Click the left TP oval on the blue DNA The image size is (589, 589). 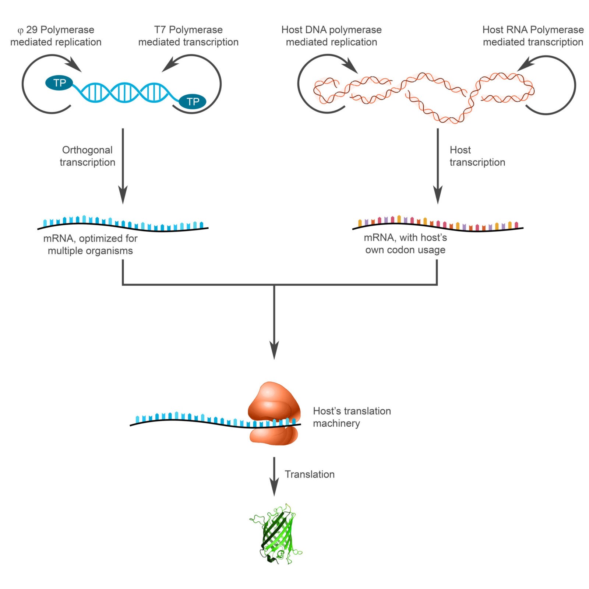click(59, 83)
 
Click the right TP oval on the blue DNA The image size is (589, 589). click(193, 101)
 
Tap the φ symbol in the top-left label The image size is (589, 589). click(21, 31)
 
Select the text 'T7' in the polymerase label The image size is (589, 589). click(160, 30)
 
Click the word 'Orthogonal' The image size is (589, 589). click(87, 150)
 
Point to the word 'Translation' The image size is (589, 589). click(310, 474)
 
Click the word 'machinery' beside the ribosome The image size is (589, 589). click(336, 423)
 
